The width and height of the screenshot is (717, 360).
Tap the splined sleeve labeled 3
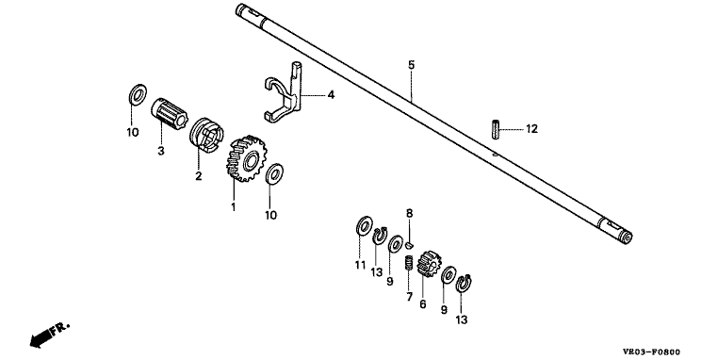coord(170,112)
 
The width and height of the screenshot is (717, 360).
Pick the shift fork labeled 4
coord(285,93)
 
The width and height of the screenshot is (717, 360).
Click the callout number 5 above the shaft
coord(411,64)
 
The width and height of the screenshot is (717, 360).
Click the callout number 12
coord(531,129)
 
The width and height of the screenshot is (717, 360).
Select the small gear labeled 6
coord(429,265)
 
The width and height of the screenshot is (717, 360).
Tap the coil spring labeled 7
coord(409,263)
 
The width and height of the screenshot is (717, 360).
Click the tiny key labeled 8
coord(410,245)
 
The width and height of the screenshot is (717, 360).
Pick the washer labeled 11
coord(364,225)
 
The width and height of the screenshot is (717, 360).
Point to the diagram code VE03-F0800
coord(651,352)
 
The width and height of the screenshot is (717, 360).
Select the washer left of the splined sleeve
coord(138,94)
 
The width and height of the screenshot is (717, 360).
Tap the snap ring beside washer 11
coord(380,236)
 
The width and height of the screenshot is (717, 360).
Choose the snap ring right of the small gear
coord(464,284)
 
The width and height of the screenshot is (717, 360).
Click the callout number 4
coord(331,94)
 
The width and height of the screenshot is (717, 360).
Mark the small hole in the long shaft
coord(495,155)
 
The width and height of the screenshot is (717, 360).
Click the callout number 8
coord(409,213)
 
